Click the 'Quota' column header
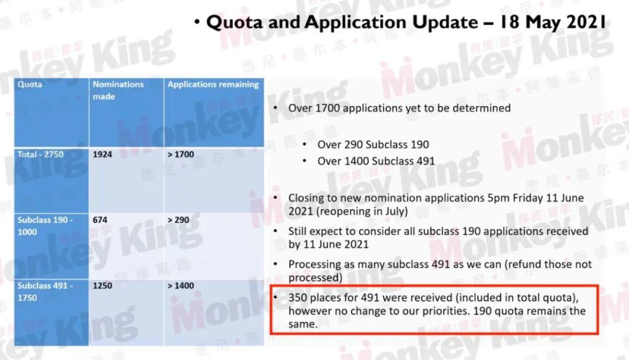coord(30,84)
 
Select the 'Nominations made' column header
coord(118,90)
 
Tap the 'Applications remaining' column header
coord(213,84)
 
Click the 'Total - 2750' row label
coord(40,154)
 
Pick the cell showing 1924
coord(103,154)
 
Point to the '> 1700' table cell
coord(181,154)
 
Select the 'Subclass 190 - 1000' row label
coord(45,226)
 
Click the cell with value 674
coord(100,220)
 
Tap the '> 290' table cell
coord(178,220)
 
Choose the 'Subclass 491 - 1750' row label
coord(45,292)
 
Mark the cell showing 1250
coord(103,286)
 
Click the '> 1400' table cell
coord(181,286)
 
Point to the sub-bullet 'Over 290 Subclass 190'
coord(373,144)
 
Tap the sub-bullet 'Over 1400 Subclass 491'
coord(376,161)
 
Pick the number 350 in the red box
coord(298,298)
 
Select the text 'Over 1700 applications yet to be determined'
coord(399,108)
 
